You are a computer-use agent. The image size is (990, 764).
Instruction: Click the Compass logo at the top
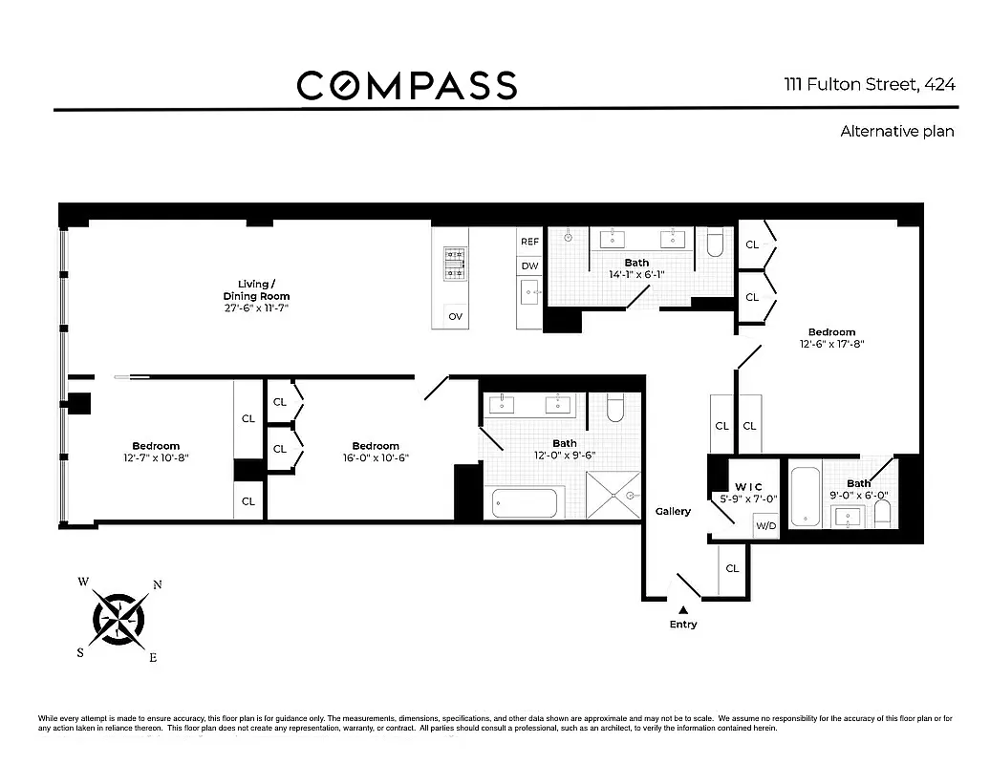tap(407, 85)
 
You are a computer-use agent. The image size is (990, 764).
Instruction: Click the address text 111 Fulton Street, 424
tap(870, 85)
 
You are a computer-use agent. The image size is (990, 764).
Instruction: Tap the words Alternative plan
tap(896, 131)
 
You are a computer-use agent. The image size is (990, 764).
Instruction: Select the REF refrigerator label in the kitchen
tap(529, 242)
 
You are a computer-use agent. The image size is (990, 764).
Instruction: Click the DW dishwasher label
tap(529, 265)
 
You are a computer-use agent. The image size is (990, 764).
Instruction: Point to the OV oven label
tap(455, 316)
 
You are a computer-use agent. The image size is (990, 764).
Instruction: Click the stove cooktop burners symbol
tap(455, 264)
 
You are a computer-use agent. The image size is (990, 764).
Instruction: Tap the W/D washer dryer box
tap(765, 525)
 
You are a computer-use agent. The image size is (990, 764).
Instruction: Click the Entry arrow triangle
tap(683, 610)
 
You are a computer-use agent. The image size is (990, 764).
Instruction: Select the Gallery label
tap(673, 511)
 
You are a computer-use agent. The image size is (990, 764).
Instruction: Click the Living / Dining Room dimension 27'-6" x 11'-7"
tap(256, 308)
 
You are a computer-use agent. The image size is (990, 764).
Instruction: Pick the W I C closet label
tap(748, 487)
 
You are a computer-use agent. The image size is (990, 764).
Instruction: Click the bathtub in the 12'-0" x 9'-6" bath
tap(524, 503)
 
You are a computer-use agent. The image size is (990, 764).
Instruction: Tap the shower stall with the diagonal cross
tap(613, 496)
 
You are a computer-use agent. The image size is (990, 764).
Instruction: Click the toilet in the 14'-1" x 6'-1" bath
tap(715, 243)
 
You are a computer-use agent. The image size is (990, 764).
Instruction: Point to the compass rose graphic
tap(118, 619)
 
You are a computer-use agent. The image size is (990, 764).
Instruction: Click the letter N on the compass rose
tap(158, 584)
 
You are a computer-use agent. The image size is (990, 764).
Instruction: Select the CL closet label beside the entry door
tap(732, 568)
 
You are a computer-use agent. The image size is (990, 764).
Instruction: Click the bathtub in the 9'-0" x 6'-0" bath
tap(806, 497)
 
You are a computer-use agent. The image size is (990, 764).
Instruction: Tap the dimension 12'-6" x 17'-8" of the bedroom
tap(831, 344)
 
